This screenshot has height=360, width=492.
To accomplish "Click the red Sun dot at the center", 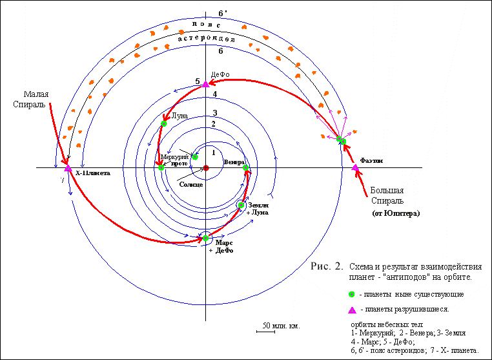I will (x=206, y=168).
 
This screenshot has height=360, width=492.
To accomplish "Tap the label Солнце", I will (x=192, y=185).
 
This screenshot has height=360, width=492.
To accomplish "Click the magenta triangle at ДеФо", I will (x=206, y=84).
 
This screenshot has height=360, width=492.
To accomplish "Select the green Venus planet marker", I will (x=246, y=168).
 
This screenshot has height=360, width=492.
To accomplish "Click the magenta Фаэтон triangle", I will (x=355, y=168).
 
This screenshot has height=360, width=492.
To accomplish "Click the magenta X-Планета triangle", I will (x=68, y=169).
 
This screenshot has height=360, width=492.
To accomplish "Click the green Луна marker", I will (x=163, y=123).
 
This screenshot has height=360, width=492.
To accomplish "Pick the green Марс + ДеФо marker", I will (x=206, y=238).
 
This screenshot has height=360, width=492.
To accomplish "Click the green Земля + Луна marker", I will (x=241, y=206).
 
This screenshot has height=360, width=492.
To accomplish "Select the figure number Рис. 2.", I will (x=327, y=266).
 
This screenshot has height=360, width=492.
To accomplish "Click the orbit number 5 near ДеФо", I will (x=197, y=81).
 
